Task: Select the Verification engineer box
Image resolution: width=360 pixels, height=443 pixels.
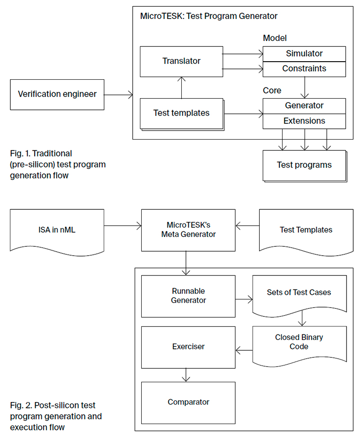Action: point(57,94)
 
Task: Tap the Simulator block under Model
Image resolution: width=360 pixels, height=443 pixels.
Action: point(304,54)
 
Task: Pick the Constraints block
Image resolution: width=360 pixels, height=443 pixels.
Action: point(304,69)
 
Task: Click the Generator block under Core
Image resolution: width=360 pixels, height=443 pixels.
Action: point(304,106)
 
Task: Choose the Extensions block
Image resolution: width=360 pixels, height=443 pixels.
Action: point(304,121)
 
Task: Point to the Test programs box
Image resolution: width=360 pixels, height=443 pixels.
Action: point(304,165)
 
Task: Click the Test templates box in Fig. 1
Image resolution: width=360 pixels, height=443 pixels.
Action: point(181,113)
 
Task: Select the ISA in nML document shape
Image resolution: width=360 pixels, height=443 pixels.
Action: point(57,230)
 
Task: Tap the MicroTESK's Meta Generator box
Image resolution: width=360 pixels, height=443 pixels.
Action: point(188,230)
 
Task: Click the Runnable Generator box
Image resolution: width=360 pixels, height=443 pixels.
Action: point(188,296)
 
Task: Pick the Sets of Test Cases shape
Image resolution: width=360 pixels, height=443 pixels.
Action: point(299,293)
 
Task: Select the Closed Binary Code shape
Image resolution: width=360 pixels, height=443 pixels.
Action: point(299,342)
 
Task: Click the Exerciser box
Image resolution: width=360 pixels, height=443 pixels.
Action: point(188,347)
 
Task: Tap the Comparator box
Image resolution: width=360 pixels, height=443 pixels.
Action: point(188,402)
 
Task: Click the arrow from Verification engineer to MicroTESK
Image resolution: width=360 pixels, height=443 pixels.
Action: point(118,94)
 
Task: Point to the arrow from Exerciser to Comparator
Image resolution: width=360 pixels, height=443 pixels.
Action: point(188,375)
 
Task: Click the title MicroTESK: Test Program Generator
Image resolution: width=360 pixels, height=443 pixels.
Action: point(209,16)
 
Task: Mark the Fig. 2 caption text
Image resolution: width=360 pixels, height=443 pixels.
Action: point(56,416)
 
